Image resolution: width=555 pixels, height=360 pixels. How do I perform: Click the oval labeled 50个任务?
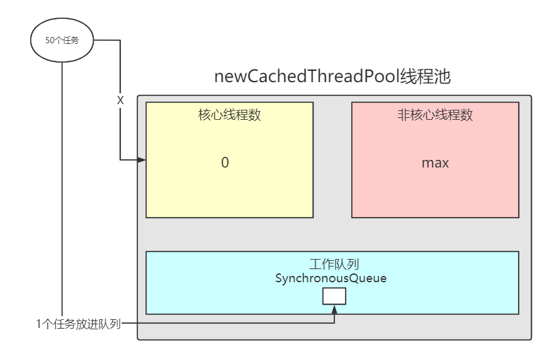[x=62, y=41]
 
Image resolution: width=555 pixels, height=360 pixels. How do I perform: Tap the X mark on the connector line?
[x=120, y=100]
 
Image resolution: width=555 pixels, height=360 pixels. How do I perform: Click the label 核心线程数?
[x=230, y=115]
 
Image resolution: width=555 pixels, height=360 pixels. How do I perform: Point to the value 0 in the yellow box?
[x=225, y=162]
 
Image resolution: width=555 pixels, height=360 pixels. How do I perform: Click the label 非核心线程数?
[x=435, y=115]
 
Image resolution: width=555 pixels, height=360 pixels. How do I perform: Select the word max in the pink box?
[x=435, y=163]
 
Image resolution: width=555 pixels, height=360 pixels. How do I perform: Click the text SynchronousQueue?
[x=331, y=278]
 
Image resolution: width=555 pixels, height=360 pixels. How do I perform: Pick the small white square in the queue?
[x=334, y=296]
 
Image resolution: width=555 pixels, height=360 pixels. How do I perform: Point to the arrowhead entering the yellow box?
[x=142, y=160]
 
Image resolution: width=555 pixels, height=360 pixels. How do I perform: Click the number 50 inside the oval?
[x=50, y=41]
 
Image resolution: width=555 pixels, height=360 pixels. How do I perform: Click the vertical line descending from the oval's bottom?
[x=62, y=188]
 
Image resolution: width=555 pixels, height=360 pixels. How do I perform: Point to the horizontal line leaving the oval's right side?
[x=107, y=41]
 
